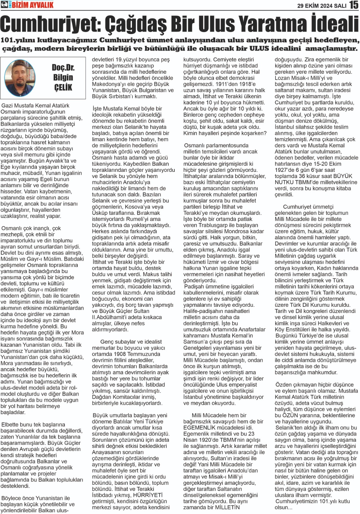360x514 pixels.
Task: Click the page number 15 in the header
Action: coord(354,5)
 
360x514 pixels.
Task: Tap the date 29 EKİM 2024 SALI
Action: coord(321,5)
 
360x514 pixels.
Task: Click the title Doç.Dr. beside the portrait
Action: coord(63,68)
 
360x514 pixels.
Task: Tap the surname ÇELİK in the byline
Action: coord(63,87)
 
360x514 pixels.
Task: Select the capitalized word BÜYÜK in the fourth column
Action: coord(343,176)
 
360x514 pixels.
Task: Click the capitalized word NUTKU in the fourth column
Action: coord(284,182)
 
